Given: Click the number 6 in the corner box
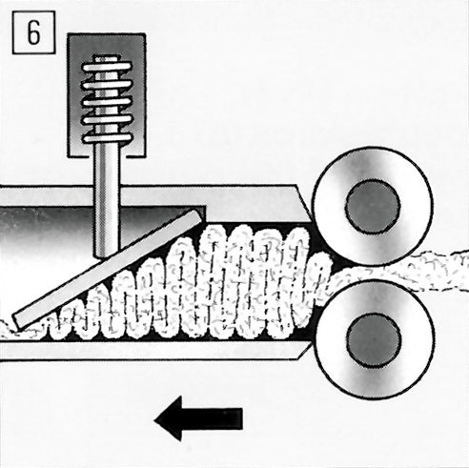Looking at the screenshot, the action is pos(33,33).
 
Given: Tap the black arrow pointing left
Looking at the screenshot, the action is pos(198,418).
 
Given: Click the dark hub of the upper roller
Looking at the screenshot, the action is pos(373,207).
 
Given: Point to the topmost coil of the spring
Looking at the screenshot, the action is pos(107,67).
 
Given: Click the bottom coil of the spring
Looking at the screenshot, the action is pos(107,138).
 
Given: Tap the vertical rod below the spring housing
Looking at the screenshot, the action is pos(107,203).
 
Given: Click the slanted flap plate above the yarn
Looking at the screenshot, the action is pos(108,270).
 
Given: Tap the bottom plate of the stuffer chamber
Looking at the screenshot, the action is pos(153,351).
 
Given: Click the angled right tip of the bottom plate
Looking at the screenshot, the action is pos(311,347).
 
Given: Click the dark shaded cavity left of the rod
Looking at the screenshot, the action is pos(46,229).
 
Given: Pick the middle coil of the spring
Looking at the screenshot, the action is pos(107,103).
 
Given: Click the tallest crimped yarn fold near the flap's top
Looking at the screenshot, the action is pos(216,279).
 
